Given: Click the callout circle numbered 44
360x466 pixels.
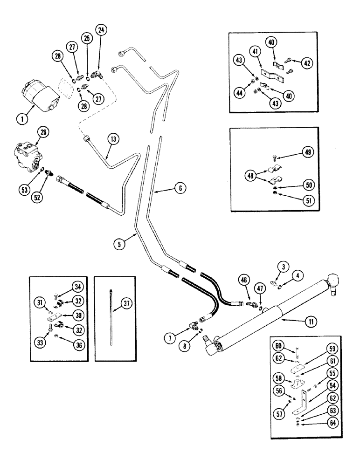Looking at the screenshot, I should pos(241,92).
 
